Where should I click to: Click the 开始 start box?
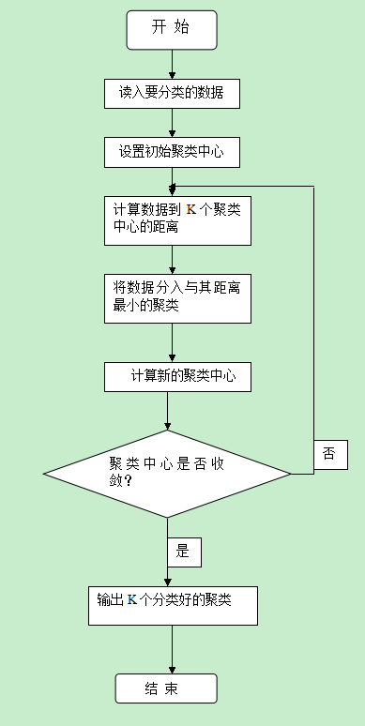pyautogui.click(x=172, y=30)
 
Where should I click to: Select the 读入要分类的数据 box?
pyautogui.click(x=171, y=94)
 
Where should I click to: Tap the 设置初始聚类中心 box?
pyautogui.click(x=171, y=150)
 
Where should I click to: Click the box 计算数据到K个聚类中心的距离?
pyautogui.click(x=176, y=219)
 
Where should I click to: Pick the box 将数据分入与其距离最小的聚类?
pyautogui.click(x=176, y=297)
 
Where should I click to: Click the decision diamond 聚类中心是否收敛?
pyautogui.click(x=167, y=473)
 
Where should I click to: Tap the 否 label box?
pyautogui.click(x=329, y=453)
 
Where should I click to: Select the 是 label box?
pyautogui.click(x=183, y=552)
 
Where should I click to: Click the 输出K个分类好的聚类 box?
pyautogui.click(x=176, y=606)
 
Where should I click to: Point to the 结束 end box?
pyautogui.click(x=165, y=688)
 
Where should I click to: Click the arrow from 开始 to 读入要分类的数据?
pyautogui.click(x=173, y=65)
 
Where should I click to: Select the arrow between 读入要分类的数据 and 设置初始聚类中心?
pyautogui.click(x=171, y=123)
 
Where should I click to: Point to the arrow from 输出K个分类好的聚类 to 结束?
pyautogui.click(x=173, y=649)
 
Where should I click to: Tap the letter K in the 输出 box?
pyautogui.click(x=132, y=597)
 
